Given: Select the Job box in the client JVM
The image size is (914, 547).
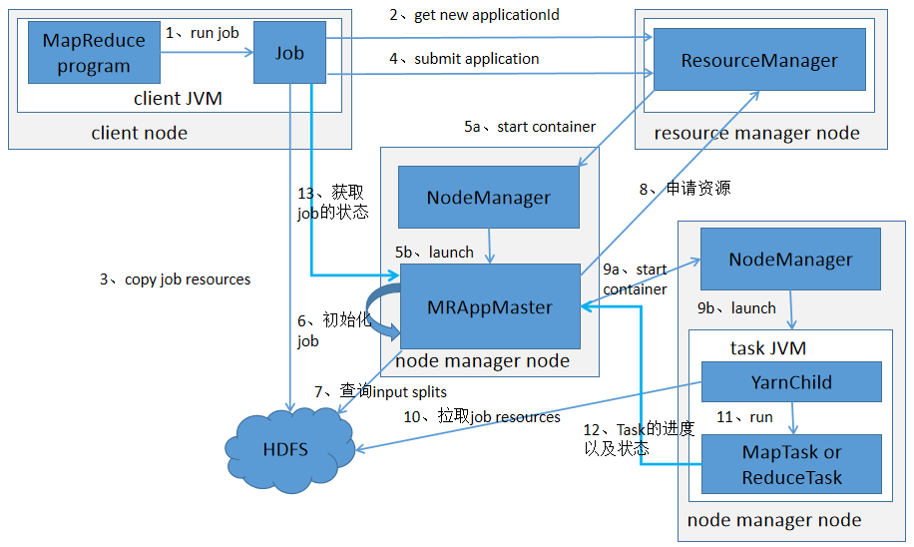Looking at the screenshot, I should tap(289, 53).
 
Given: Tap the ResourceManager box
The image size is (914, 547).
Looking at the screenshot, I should tap(759, 61).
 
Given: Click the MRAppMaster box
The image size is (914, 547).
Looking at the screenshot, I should tap(489, 306).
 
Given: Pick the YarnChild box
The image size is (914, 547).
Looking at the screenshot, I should tap(791, 381).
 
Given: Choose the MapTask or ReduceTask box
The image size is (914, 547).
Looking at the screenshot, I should tap(791, 464).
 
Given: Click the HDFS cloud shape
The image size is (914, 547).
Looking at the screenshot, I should tap(285, 449).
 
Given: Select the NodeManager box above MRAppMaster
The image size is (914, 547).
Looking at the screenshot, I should tap(488, 197).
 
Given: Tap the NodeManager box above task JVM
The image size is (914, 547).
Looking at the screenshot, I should tap(790, 259).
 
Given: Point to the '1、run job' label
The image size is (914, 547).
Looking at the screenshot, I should tap(203, 32).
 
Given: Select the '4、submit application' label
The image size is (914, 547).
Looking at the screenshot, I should tap(464, 59).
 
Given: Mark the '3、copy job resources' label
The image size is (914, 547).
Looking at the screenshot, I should tap(175, 279).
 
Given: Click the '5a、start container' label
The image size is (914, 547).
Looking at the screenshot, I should tap(530, 127).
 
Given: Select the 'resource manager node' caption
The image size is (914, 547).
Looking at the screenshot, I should tap(756, 133).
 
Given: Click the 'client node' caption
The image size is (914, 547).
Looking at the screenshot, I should tap(139, 133).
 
